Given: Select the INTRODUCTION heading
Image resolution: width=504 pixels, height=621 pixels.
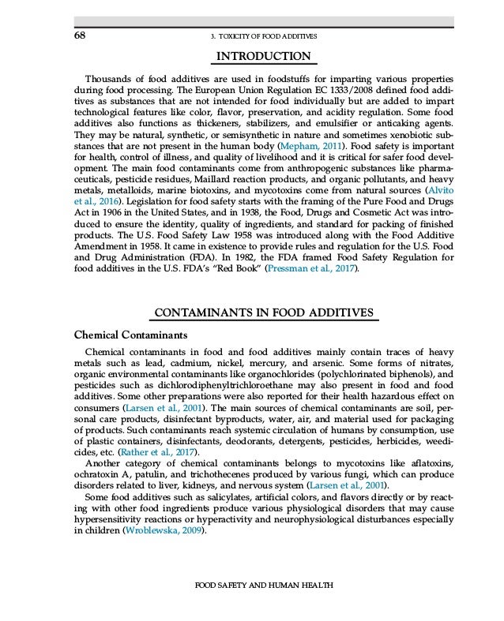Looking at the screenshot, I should pyautogui.click(x=264, y=57).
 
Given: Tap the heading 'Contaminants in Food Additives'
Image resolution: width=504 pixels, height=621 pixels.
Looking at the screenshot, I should pyautogui.click(x=264, y=313).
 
